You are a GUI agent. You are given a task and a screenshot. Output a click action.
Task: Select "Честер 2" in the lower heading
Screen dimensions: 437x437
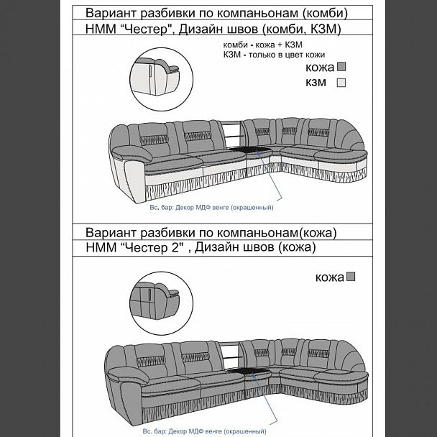click(155, 248)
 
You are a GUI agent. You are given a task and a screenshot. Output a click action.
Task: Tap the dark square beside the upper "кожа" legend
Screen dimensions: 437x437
click(342, 68)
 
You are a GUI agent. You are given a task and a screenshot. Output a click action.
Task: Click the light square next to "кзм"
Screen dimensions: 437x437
click(342, 83)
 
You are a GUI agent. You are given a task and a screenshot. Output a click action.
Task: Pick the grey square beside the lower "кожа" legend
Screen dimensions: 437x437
click(351, 276)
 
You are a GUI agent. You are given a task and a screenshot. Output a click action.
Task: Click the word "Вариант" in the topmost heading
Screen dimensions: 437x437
click(112, 14)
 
